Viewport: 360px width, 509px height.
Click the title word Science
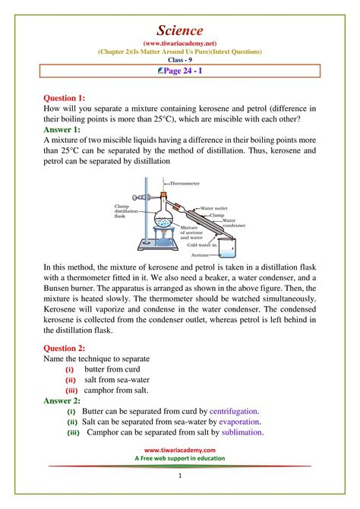click(179, 30)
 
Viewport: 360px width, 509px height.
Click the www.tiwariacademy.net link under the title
click(179, 43)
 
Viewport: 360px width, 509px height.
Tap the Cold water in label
click(201, 245)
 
